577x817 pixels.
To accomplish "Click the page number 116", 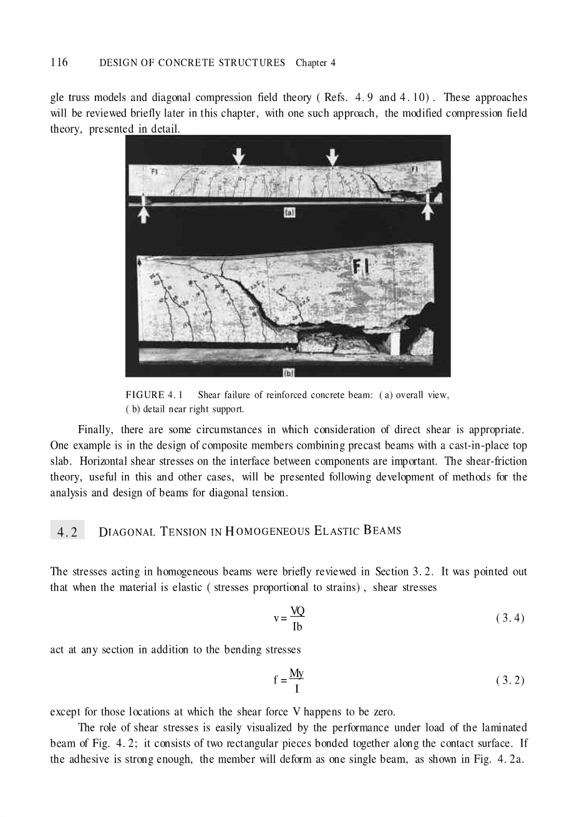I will [59, 62].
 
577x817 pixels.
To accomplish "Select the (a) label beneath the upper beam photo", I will [289, 213].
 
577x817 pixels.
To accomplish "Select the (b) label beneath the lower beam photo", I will [288, 373].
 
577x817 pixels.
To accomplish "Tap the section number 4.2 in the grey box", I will [67, 532].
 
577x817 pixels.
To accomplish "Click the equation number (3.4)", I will [510, 619].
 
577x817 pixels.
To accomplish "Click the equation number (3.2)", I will [510, 680].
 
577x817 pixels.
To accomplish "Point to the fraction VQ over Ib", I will [297, 619].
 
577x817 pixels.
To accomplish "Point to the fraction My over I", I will [297, 680].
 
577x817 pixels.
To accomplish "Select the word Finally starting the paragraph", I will [95, 430].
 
